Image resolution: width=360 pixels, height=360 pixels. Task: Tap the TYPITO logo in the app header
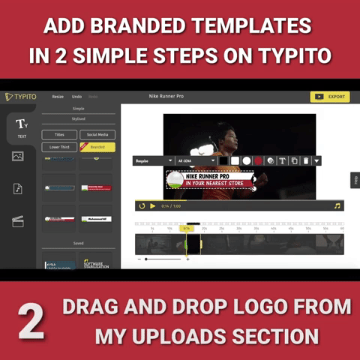20,97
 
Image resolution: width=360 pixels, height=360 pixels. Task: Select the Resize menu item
58,97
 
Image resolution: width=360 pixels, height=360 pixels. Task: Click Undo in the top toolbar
76,97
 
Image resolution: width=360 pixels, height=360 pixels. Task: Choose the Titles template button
58,135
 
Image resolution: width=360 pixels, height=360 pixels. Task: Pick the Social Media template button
97,135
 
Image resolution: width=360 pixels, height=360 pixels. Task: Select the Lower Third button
58,147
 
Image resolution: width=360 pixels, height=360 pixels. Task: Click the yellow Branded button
97,147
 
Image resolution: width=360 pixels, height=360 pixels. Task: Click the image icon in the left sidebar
18,156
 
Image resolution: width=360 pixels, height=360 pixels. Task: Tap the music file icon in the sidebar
18,188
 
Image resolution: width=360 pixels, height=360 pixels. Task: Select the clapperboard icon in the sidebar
18,220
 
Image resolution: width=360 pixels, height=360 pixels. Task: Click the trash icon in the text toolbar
306,160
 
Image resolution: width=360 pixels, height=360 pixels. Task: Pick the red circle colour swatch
257,160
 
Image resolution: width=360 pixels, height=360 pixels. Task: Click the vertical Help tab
355,180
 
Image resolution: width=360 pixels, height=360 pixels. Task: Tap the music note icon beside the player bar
337,205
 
